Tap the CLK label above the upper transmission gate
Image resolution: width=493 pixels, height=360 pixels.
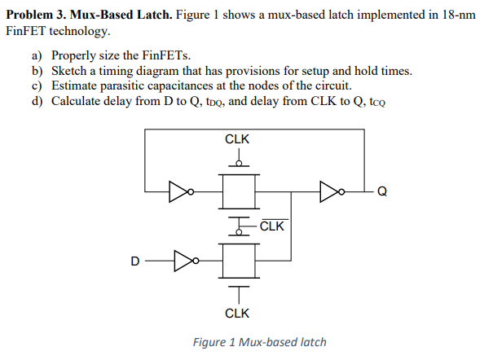tap(237, 139)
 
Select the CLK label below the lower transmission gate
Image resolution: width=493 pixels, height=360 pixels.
tap(237, 313)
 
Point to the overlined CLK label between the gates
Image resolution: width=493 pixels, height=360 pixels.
tap(271, 226)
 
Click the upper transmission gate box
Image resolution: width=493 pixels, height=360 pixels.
tap(238, 191)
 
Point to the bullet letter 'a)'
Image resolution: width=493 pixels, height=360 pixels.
tap(38, 56)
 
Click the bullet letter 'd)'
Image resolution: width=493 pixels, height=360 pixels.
tap(38, 101)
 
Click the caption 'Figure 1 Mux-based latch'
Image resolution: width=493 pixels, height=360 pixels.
tap(259, 342)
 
